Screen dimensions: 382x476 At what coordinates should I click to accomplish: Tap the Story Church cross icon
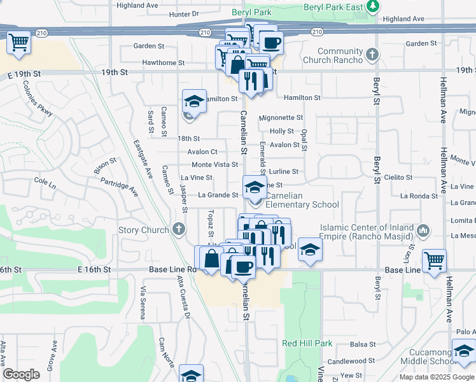(179, 229)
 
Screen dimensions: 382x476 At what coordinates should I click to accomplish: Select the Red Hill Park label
(307, 343)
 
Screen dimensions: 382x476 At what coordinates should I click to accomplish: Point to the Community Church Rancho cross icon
(373, 56)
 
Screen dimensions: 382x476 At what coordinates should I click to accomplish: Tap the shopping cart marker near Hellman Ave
(434, 260)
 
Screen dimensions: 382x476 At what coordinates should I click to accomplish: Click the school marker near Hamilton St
(194, 101)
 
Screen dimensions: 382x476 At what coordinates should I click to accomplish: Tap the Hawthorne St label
(164, 63)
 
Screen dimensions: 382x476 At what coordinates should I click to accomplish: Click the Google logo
(22, 374)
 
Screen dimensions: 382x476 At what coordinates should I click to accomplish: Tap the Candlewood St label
(360, 361)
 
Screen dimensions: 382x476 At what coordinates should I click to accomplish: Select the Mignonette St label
(281, 118)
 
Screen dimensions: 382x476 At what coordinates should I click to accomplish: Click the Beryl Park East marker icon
(375, 6)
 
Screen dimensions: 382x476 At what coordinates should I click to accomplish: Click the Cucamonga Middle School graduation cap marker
(464, 351)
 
